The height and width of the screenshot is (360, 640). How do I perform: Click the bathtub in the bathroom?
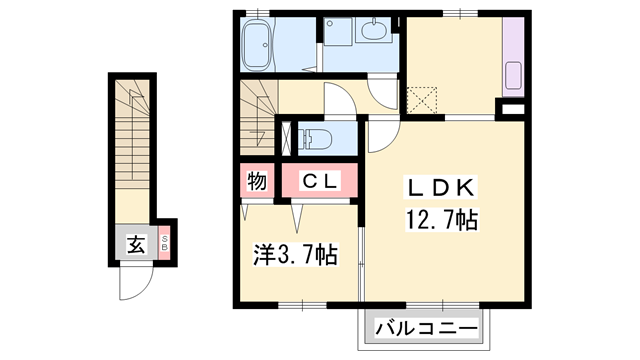261,46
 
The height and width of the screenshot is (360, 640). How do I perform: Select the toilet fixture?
318,137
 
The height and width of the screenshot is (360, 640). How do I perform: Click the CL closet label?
322,181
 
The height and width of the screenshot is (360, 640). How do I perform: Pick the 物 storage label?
256,181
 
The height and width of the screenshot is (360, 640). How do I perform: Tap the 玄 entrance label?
136,243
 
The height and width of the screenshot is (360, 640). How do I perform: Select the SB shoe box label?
165,243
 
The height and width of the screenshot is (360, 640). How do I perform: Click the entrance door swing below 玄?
134,282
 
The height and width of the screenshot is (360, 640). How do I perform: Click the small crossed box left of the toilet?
290,137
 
